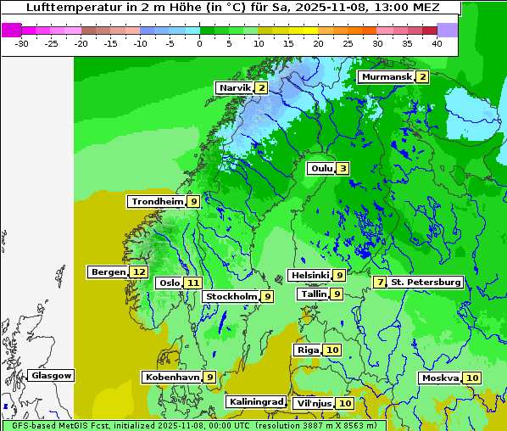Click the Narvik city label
point(235,88)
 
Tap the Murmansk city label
point(387,77)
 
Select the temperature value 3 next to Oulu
point(343,168)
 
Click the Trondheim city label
point(157,202)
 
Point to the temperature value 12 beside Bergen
point(139,272)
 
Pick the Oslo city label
point(169,283)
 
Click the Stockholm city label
point(231,296)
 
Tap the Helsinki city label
point(309,275)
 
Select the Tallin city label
point(314,294)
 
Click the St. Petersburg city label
point(426,282)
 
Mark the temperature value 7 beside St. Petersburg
point(381,282)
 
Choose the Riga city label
point(307,350)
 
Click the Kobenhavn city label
point(172,377)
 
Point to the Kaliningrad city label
point(255,402)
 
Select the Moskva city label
point(440,378)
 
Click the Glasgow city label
point(52,375)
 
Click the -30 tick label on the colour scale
point(22,42)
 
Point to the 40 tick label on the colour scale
point(436,42)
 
